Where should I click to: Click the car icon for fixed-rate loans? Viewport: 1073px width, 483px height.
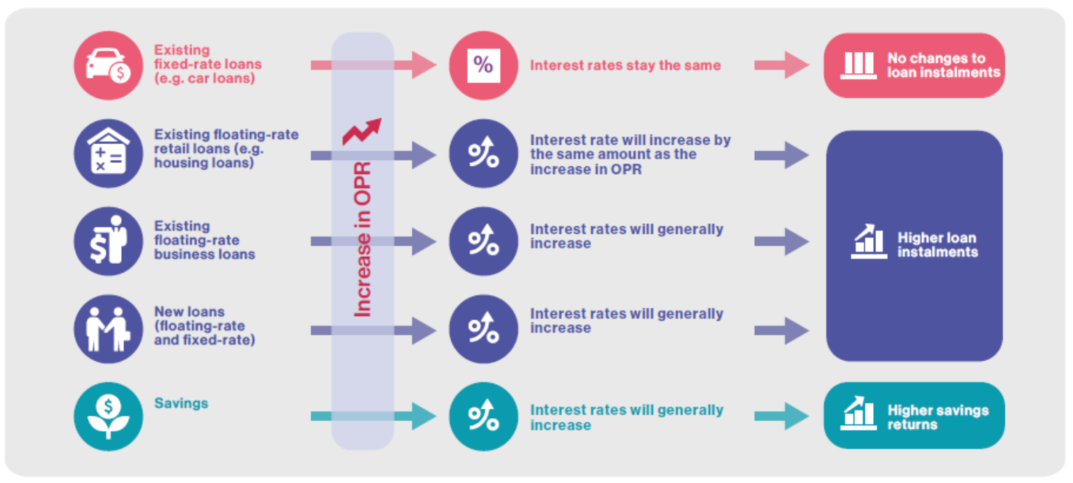click(x=108, y=65)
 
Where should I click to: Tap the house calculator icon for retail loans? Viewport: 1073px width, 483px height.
click(x=108, y=153)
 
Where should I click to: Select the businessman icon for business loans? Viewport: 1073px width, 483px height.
click(x=108, y=240)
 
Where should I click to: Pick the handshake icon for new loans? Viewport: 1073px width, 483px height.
click(x=108, y=328)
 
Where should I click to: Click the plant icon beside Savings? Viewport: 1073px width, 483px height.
click(x=108, y=416)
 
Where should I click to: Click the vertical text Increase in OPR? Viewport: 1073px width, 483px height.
click(x=363, y=240)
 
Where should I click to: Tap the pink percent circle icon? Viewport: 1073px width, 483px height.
click(x=483, y=65)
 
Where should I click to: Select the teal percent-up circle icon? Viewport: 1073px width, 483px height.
click(x=483, y=416)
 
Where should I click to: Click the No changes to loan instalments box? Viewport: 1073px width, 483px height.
click(x=914, y=65)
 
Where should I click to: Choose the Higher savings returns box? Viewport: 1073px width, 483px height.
click(x=914, y=416)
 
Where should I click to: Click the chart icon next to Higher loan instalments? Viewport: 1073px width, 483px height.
click(x=869, y=241)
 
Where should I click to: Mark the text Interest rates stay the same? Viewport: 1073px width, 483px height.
click(x=625, y=66)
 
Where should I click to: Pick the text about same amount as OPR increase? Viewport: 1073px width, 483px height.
click(x=630, y=154)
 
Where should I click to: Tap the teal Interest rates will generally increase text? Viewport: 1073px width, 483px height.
click(x=627, y=417)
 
